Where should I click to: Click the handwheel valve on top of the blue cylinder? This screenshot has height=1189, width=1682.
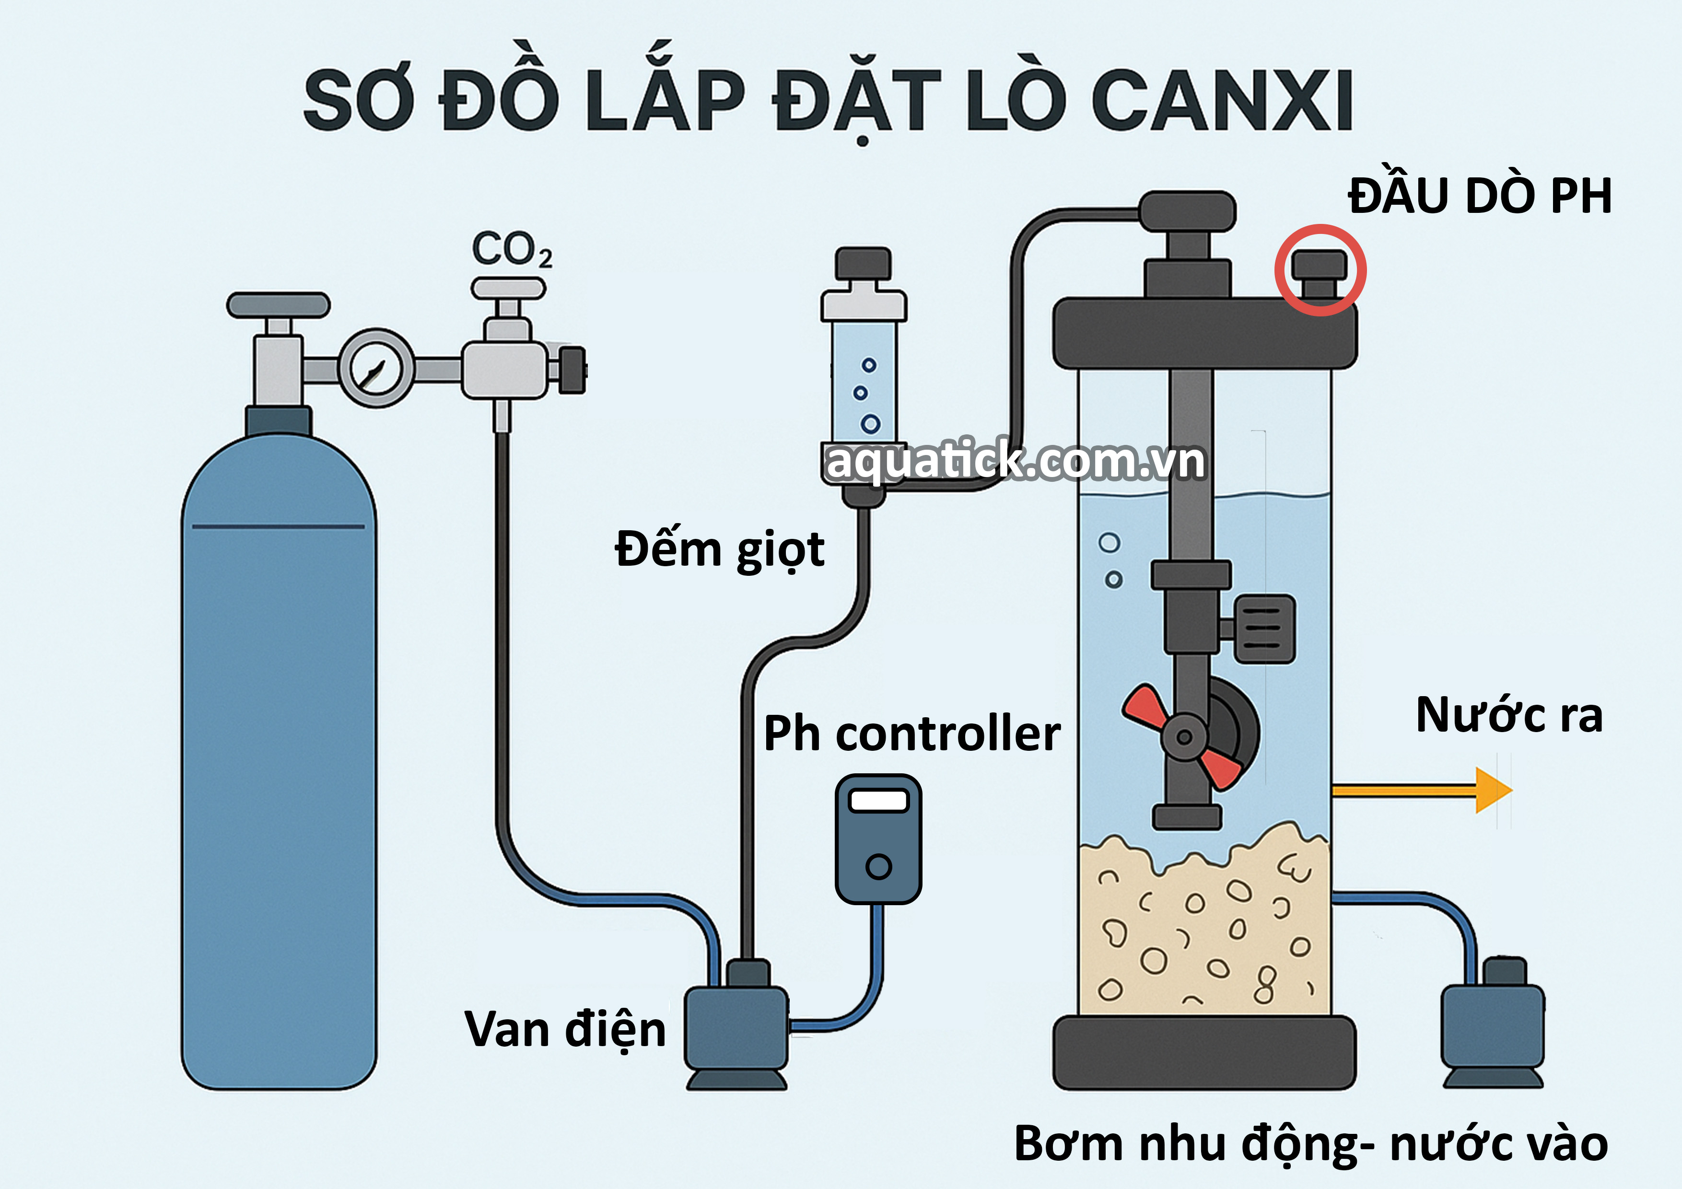pyautogui.click(x=279, y=305)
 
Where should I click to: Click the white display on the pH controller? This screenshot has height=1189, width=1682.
pyautogui.click(x=878, y=801)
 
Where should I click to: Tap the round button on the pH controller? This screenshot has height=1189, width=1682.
pyautogui.click(x=878, y=867)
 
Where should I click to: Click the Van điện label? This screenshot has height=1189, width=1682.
pyautogui.click(x=565, y=1029)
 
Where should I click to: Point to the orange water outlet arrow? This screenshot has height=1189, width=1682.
pyautogui.click(x=1421, y=790)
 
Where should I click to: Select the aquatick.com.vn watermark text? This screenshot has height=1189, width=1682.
pyautogui.click(x=1015, y=462)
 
